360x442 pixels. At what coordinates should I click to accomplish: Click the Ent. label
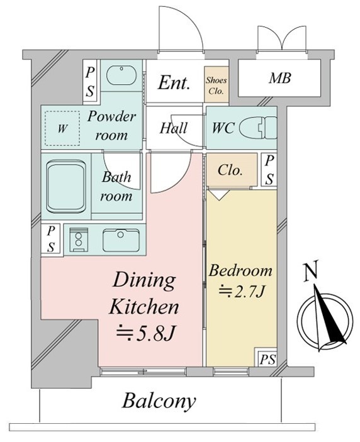click(173, 83)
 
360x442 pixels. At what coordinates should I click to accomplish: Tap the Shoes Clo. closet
click(216, 85)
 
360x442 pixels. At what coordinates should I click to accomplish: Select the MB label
click(279, 78)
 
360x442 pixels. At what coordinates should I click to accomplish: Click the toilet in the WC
click(258, 128)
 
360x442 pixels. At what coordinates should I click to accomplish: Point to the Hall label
click(173, 128)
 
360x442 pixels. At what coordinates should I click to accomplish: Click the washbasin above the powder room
click(121, 75)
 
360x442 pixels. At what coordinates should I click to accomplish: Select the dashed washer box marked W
click(62, 128)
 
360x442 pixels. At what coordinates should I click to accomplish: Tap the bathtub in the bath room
click(65, 187)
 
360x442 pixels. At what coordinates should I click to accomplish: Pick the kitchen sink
click(121, 240)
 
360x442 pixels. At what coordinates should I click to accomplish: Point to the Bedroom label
click(240, 270)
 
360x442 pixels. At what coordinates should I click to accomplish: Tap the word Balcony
click(159, 401)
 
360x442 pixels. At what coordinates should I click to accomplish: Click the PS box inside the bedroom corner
click(267, 357)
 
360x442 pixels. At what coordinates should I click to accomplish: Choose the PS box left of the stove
click(52, 240)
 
